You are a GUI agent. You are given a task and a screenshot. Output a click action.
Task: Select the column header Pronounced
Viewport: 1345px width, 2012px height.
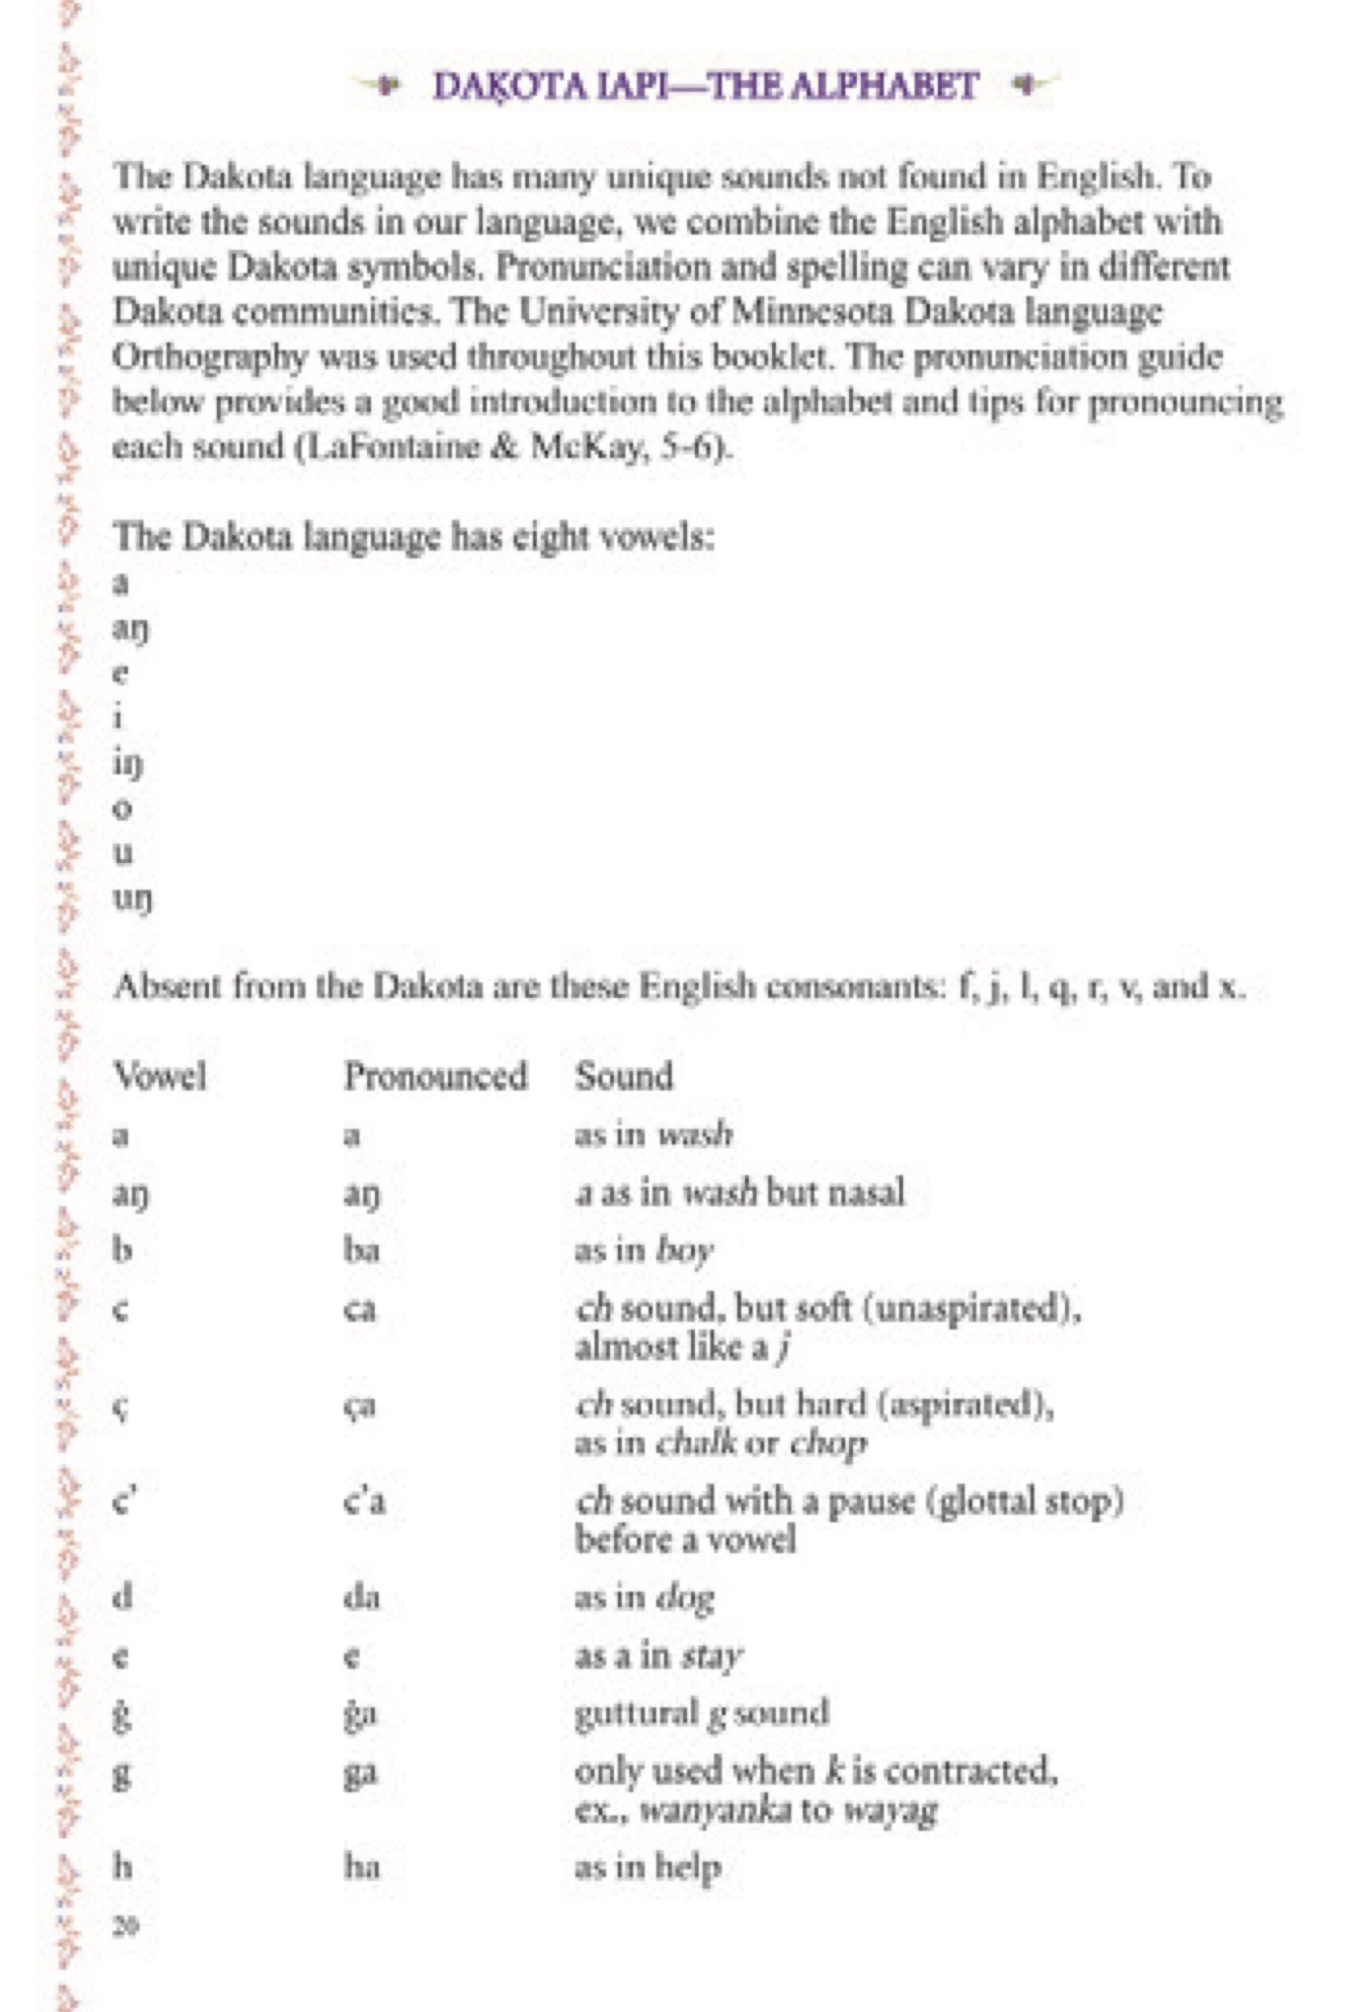[x=435, y=1076]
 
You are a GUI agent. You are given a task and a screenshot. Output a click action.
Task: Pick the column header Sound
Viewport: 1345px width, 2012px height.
[x=623, y=1076]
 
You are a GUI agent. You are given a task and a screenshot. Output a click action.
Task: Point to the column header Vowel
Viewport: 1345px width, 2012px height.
[x=160, y=1076]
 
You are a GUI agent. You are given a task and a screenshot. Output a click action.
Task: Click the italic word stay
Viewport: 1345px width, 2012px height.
[x=711, y=1656]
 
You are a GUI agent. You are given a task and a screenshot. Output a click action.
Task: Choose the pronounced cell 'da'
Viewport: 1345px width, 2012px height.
[x=361, y=1597]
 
